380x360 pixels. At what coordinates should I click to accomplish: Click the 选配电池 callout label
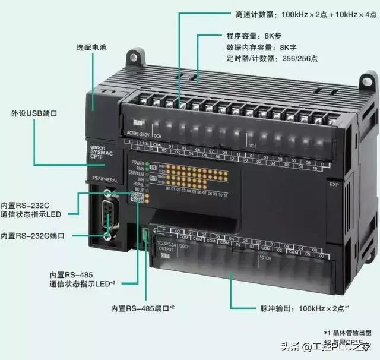click(x=91, y=47)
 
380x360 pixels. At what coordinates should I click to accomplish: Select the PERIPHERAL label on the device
click(x=101, y=178)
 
